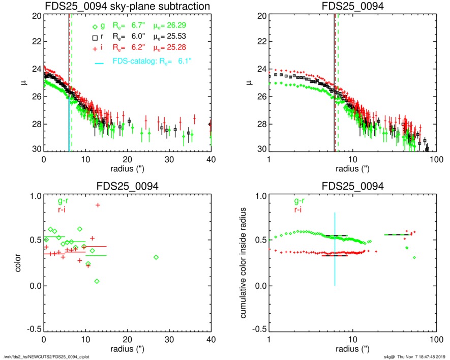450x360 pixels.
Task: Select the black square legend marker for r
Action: [x=94, y=38]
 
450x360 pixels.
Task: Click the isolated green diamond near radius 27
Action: [x=156, y=257]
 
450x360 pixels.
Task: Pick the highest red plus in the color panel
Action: [x=98, y=205]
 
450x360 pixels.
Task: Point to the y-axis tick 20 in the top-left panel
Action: [x=36, y=16]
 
